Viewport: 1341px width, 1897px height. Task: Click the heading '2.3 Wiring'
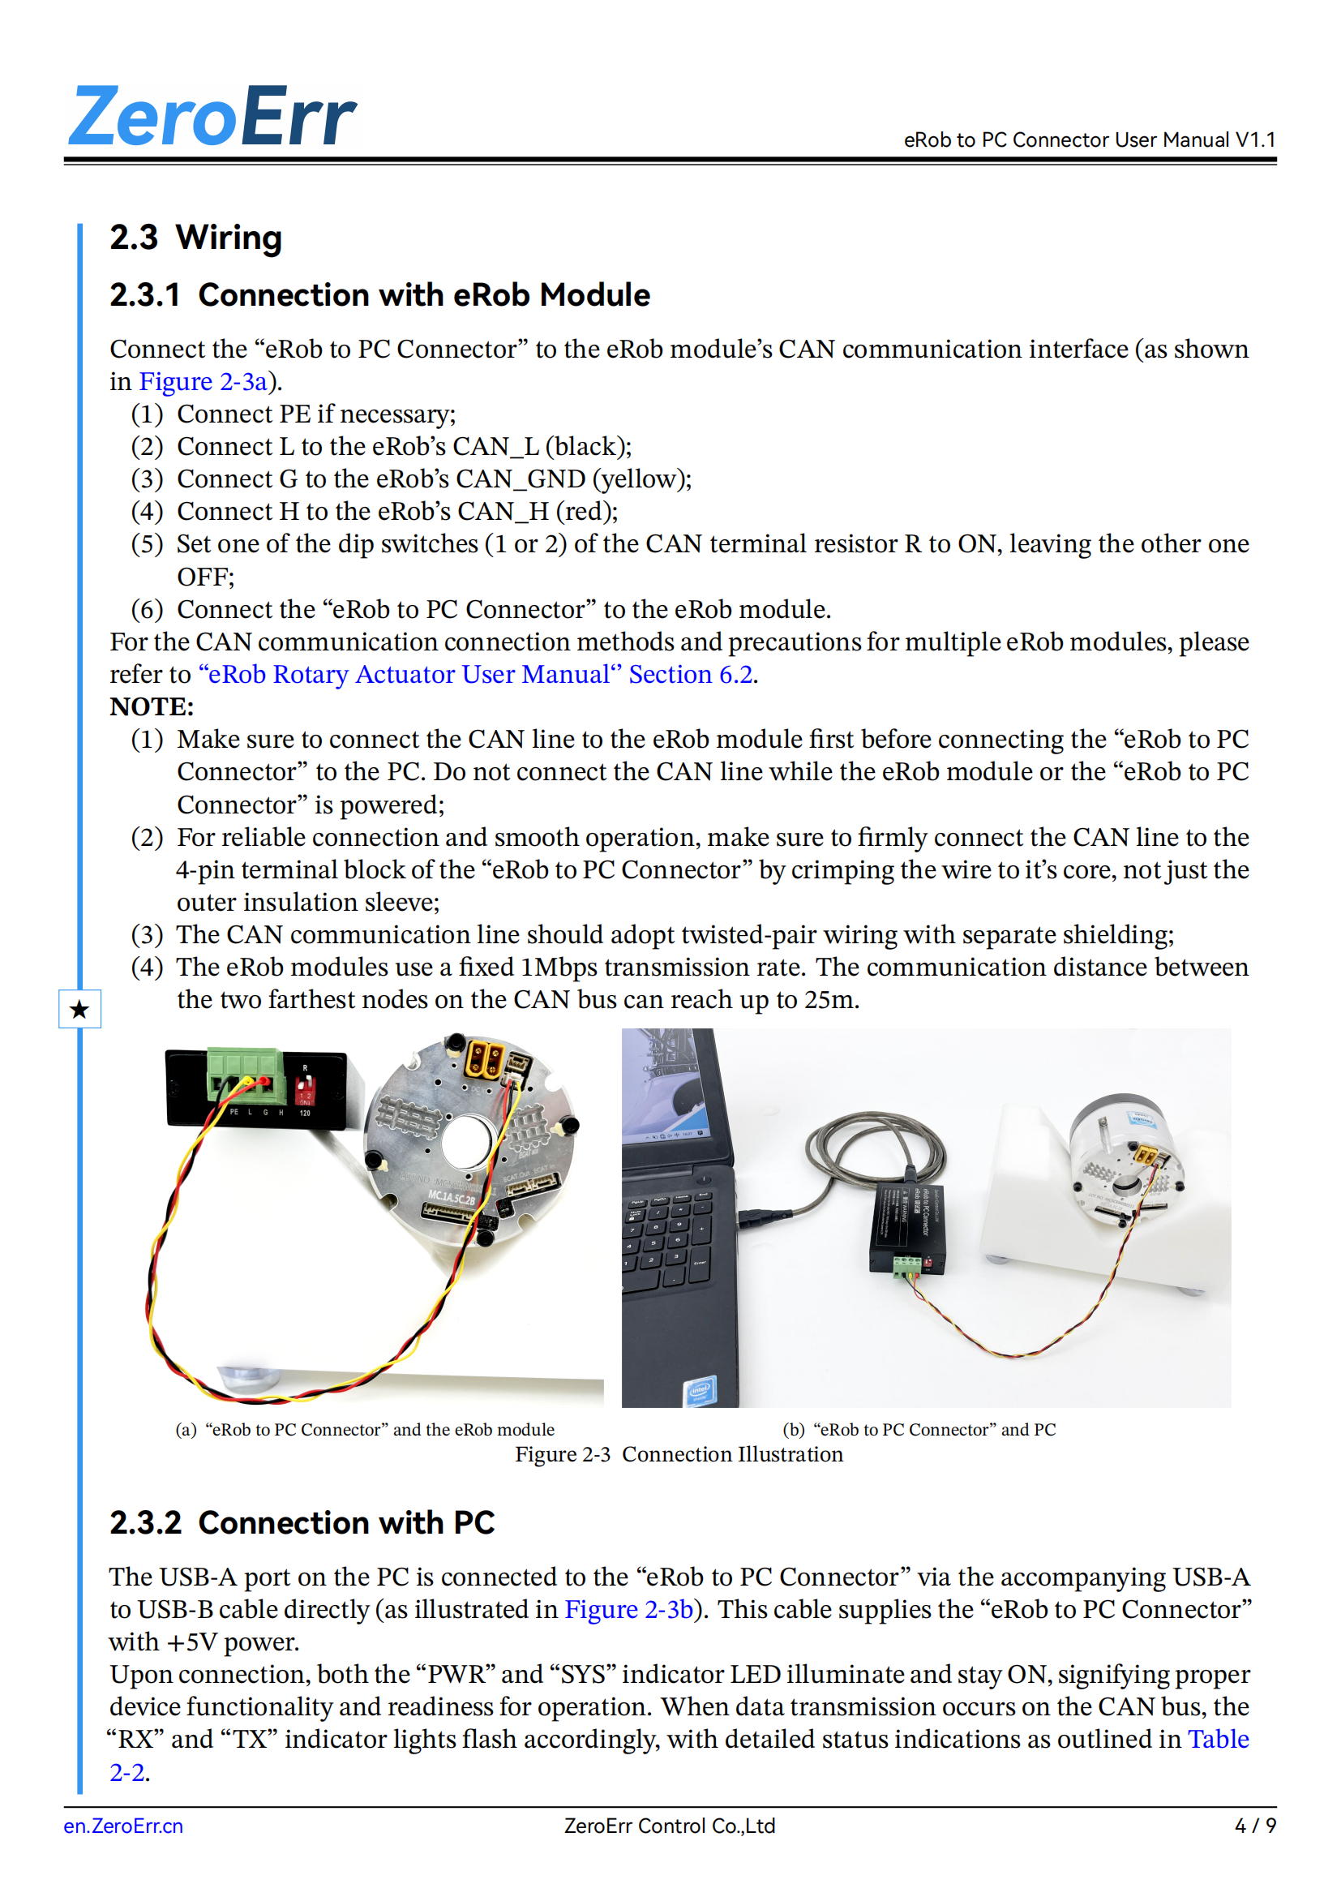[x=195, y=238]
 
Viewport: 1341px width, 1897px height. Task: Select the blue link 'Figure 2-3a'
[x=204, y=382]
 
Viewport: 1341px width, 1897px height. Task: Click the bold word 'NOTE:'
[x=152, y=707]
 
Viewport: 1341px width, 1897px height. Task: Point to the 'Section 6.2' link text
[x=690, y=675]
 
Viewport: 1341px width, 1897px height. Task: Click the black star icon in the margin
[x=79, y=1009]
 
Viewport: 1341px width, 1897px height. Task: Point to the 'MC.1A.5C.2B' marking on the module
[x=451, y=1198]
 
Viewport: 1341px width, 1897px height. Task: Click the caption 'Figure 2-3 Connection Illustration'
[x=679, y=1455]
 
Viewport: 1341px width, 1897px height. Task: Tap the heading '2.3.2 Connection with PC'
[x=302, y=1523]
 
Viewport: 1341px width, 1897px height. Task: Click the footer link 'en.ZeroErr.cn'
[x=123, y=1826]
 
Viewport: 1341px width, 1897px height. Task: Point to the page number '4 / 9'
[x=1254, y=1826]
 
